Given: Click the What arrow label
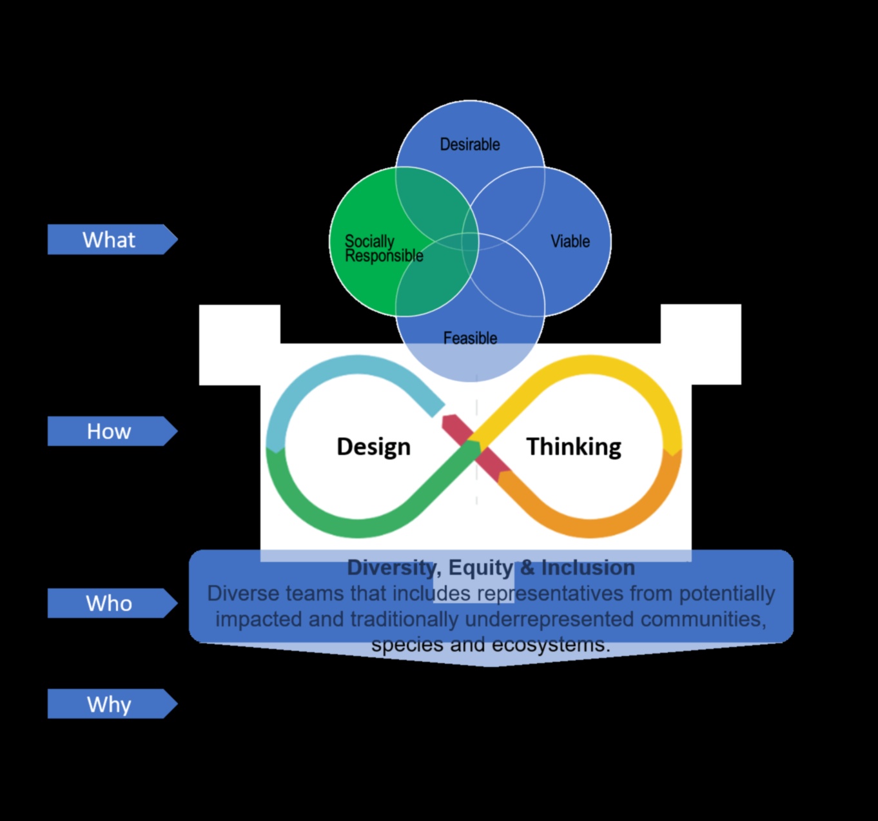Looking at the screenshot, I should tap(109, 240).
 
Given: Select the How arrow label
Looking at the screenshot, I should tap(109, 431).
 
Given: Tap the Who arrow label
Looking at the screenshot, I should tap(109, 603).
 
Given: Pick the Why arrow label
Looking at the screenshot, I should tap(109, 704).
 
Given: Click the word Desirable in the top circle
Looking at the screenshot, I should tap(470, 144).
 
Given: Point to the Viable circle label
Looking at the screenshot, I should tap(570, 242).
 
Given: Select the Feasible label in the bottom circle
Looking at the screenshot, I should tap(470, 338).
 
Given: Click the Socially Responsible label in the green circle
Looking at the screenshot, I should tap(383, 249).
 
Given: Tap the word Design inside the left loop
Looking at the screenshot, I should tap(373, 447).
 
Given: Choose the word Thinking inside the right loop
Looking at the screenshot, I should tap(574, 447).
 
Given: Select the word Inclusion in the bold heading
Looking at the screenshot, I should tap(588, 568).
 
